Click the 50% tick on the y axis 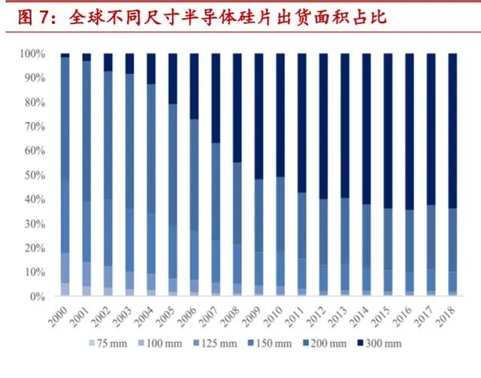pos(35,175)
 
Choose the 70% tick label pos(35,127)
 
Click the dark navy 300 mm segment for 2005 pos(173,79)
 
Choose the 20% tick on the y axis pos(35,248)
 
